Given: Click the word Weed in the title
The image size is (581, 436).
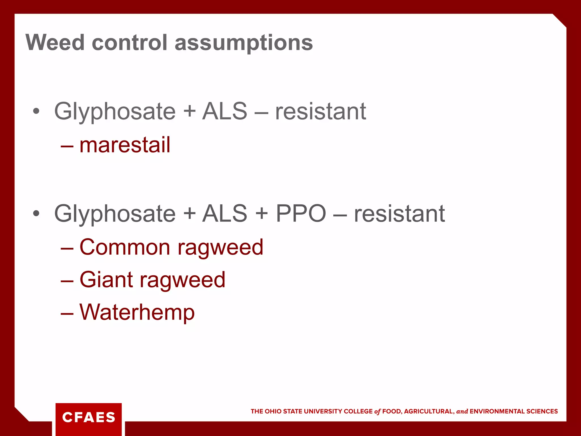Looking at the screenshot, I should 55,43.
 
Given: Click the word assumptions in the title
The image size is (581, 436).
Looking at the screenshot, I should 243,43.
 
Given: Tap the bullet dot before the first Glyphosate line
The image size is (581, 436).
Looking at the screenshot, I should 36,111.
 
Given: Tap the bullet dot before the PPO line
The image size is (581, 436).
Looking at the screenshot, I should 36,213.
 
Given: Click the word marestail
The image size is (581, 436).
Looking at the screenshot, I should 125,145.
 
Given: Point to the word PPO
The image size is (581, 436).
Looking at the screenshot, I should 301,213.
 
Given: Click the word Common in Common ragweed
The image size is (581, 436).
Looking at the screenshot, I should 125,247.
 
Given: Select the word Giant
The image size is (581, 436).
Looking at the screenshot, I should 106,280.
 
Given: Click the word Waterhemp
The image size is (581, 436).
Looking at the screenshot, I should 137,312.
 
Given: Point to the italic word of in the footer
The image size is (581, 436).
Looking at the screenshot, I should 377,412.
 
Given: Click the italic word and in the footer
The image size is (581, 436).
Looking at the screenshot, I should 462,411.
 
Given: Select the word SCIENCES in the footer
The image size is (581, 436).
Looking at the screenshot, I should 542,411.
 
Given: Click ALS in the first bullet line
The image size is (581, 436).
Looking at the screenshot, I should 225,111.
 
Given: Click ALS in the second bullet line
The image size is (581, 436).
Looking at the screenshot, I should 225,213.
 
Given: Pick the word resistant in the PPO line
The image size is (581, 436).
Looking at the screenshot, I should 399,213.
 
